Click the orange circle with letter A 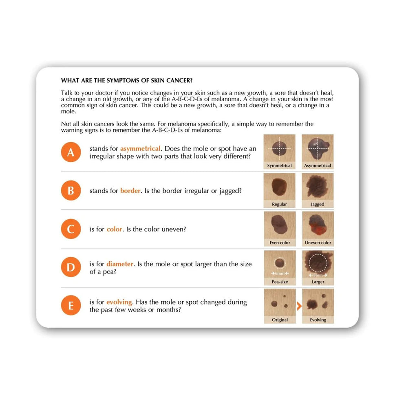(71, 152)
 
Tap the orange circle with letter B (71, 190)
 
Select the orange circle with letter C (71, 229)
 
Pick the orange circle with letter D (71, 267)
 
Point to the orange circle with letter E (71, 306)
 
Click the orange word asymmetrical (140, 148)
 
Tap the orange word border (130, 190)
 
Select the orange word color (114, 229)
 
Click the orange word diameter (120, 264)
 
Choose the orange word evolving (119, 302)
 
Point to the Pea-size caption (279, 282)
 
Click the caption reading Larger (318, 282)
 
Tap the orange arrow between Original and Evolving (299, 306)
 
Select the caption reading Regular (279, 204)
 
